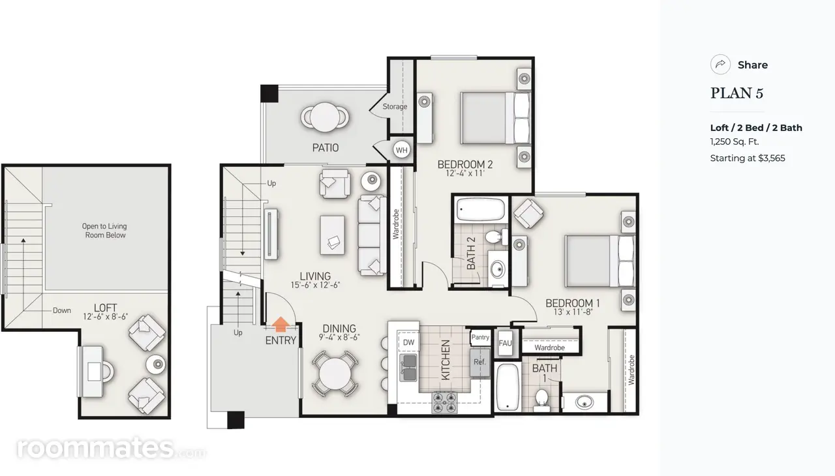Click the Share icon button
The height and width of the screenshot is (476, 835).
coord(720,65)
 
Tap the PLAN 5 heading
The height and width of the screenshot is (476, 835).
coord(736,93)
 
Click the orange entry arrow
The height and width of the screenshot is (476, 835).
coord(281,324)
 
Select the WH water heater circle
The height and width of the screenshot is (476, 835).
coord(401,150)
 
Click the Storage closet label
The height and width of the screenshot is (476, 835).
coord(395,106)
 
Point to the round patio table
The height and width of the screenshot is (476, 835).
coord(325,117)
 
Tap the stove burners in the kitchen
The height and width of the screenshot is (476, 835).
coord(444,402)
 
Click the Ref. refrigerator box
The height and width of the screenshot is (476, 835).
coord(479,363)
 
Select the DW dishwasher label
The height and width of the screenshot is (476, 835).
coord(408,342)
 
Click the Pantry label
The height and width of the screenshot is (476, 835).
coord(480,337)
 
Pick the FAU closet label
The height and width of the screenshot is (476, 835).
coord(505,343)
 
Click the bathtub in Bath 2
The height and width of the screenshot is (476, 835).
coord(481,209)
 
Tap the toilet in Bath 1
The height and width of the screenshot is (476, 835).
coord(541,400)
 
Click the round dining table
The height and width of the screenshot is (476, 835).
coord(335,374)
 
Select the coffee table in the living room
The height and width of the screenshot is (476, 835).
coord(332,235)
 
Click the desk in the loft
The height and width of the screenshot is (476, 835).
coord(92,372)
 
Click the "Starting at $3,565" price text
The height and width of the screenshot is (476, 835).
coord(748,158)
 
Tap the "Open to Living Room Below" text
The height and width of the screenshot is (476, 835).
coord(105,231)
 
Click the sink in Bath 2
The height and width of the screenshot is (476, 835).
coord(498,269)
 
